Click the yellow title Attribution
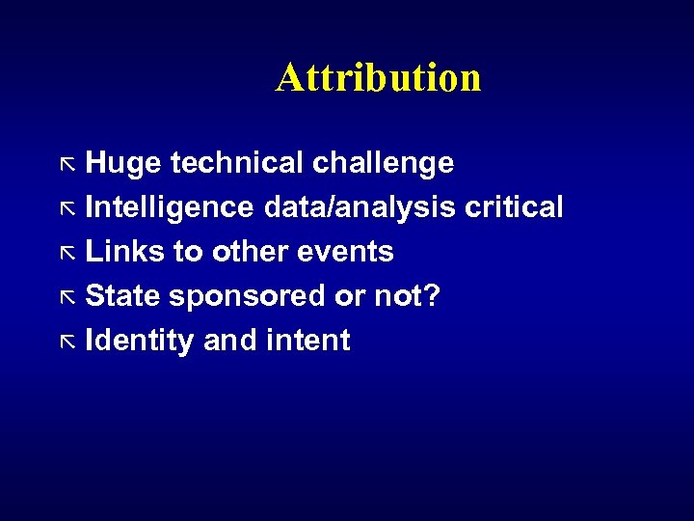378,77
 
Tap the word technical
236,163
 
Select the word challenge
383,164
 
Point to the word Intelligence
170,208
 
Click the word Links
125,252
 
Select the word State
123,296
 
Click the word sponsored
247,297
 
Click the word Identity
140,342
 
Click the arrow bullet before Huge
67,164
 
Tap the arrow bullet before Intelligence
67,208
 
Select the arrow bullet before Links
67,253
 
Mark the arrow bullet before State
67,297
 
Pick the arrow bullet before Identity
67,342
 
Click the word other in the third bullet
246,252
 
